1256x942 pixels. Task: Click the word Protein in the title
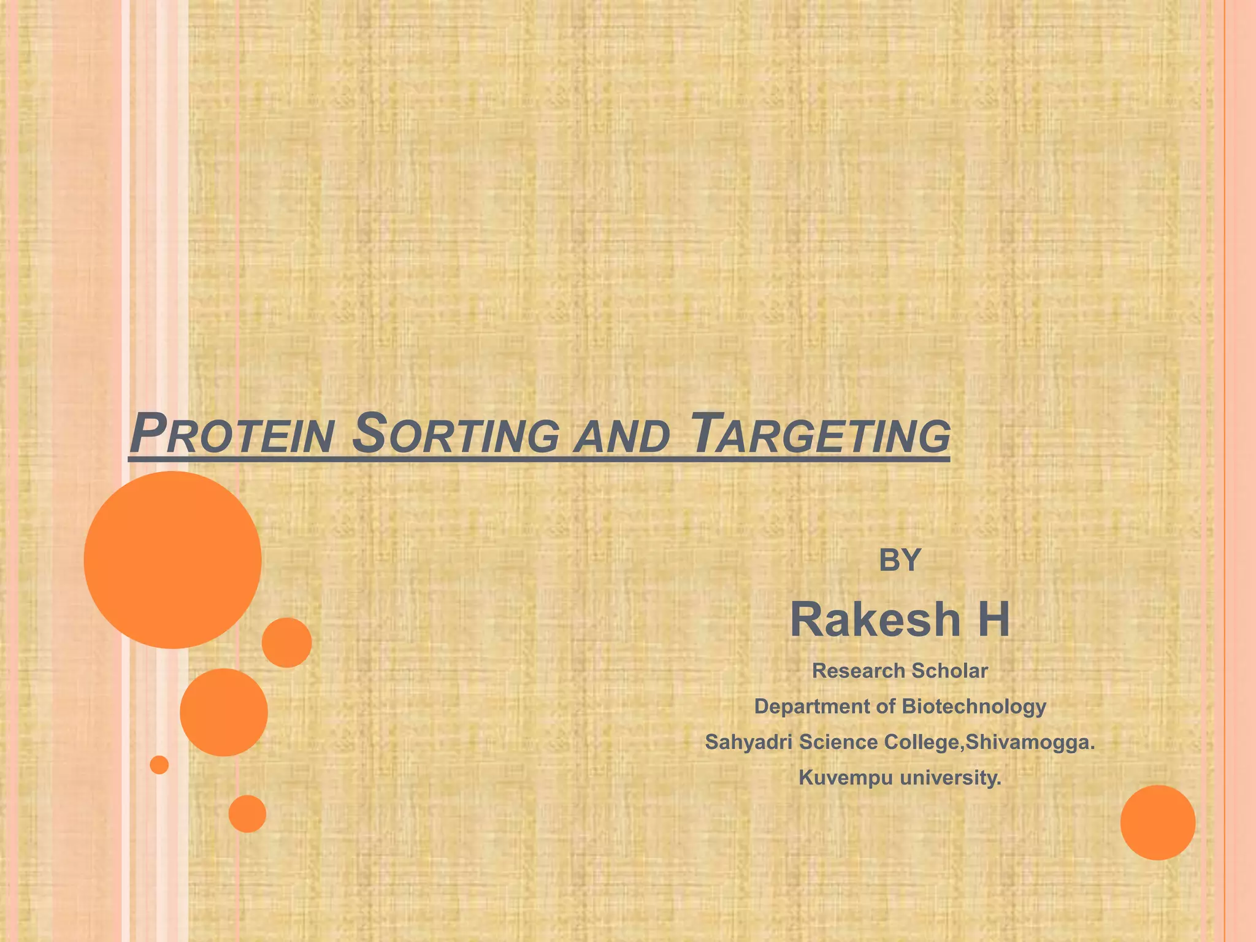(x=232, y=434)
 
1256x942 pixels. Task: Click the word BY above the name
(x=900, y=560)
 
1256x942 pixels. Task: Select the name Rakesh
(x=875, y=620)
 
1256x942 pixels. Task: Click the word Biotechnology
(x=975, y=707)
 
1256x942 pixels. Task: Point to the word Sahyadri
(x=748, y=742)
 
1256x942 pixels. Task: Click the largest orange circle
(x=173, y=560)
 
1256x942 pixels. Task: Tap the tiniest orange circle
(x=159, y=765)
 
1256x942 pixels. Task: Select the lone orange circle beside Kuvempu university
(x=1158, y=822)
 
